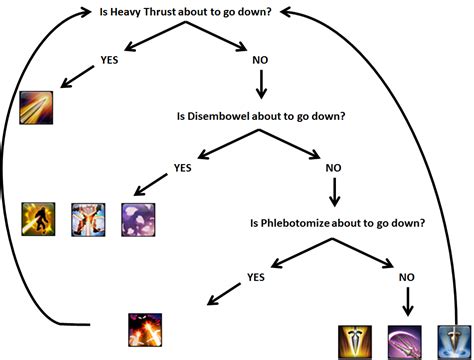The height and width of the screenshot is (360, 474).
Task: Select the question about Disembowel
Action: [259, 117]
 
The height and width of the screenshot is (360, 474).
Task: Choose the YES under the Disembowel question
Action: [183, 167]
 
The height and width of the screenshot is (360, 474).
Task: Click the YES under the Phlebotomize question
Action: [258, 276]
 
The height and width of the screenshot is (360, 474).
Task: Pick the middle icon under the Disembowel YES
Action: [88, 219]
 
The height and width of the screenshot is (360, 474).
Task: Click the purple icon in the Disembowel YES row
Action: [137, 219]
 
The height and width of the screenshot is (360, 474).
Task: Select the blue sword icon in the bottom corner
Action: [454, 341]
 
